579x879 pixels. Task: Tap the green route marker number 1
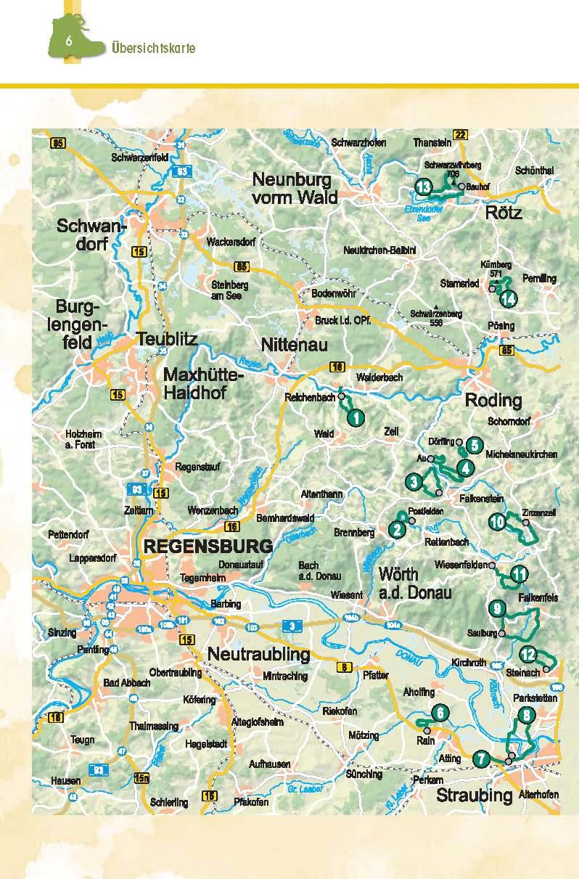[x=356, y=417]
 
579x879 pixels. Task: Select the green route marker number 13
[x=425, y=187]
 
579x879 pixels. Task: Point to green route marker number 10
[x=497, y=521]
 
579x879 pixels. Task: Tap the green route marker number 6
[x=440, y=714]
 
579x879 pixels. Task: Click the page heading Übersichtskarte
[x=154, y=48]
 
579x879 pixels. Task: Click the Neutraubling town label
[x=258, y=654]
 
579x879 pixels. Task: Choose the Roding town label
[x=493, y=400]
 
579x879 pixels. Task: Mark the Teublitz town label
[x=166, y=339]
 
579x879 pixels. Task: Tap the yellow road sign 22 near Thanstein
[x=459, y=134]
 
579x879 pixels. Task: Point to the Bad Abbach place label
[x=127, y=683]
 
